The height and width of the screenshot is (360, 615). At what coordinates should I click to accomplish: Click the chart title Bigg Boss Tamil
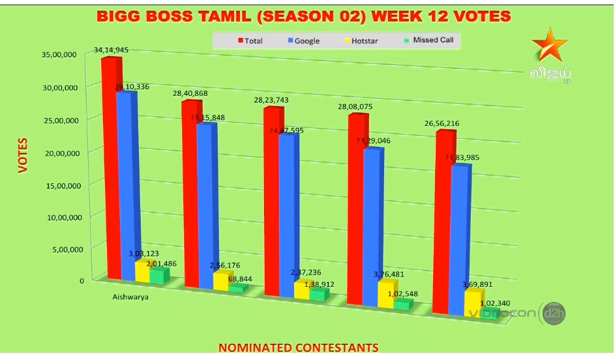click(x=304, y=15)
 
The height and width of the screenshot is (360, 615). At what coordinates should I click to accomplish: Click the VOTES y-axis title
click(x=23, y=155)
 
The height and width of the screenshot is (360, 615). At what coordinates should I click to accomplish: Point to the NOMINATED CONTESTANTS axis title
click(x=298, y=348)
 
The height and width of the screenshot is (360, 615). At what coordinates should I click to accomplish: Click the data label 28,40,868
click(x=190, y=94)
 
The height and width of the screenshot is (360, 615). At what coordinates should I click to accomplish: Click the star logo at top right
click(x=545, y=47)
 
